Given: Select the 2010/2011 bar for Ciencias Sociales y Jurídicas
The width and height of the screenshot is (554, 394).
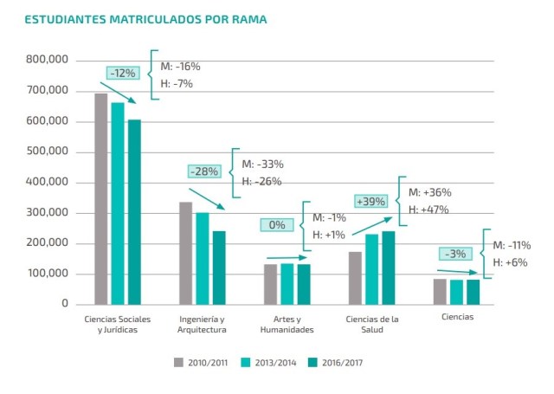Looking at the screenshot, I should coord(100,198).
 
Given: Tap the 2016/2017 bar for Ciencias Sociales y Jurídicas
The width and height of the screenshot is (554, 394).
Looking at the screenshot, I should coord(133,211).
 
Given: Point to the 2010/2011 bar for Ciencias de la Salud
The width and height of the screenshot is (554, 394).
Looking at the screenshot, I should coord(355,277).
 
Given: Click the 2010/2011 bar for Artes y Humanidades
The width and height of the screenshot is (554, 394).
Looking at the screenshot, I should coord(270,283).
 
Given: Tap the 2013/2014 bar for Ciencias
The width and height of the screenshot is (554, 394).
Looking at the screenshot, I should coord(456,291).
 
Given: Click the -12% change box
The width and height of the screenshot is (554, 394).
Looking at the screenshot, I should coord(122,74).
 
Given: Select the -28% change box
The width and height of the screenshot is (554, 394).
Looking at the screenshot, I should coord(204,171).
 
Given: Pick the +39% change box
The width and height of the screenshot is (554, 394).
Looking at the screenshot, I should coord(372,201).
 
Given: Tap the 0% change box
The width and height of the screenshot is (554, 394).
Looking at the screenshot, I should coord(277,225).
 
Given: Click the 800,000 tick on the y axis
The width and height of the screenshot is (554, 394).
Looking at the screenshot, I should coord(48,61).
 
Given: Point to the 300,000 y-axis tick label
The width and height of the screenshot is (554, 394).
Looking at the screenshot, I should coord(48,213).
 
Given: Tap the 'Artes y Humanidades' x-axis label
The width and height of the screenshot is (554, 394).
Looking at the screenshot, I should coord(287,324).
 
